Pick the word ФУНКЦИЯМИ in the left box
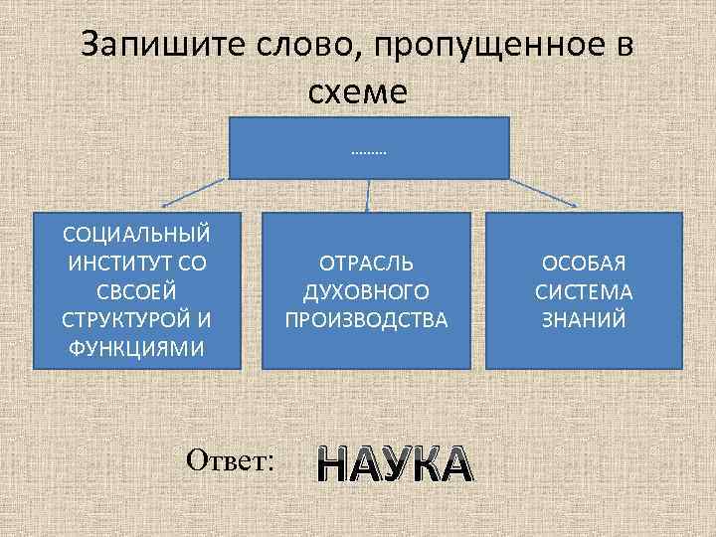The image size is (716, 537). tap(136, 349)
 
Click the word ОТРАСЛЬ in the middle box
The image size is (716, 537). tap(367, 263)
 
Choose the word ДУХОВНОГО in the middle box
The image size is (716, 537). tap(367, 291)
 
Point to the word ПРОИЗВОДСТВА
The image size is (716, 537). tap(367, 320)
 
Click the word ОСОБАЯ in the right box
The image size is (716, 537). tap(584, 263)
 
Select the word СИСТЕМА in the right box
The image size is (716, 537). tap(584, 291)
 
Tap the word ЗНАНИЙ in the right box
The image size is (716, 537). tap(584, 320)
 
